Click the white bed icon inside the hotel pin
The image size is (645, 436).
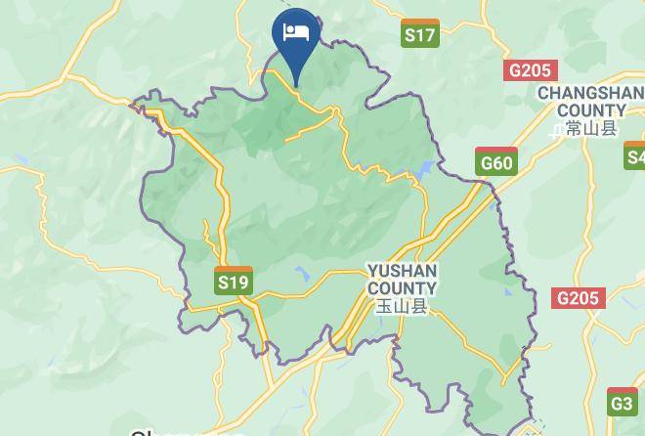(x=296, y=32)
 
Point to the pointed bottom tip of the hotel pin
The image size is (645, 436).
(x=296, y=85)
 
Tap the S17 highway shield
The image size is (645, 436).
(x=419, y=34)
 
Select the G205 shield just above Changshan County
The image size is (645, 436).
(x=531, y=70)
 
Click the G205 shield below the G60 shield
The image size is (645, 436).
(x=579, y=298)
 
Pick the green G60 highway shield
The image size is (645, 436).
(x=496, y=162)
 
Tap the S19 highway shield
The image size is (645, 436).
(x=234, y=283)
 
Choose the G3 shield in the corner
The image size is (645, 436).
(x=623, y=402)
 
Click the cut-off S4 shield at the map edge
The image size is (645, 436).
(x=636, y=156)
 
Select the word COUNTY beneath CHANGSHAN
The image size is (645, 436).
(x=592, y=110)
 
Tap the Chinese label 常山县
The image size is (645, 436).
(x=592, y=128)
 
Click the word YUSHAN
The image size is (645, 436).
(x=402, y=271)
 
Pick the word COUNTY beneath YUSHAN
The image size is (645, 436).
(x=402, y=288)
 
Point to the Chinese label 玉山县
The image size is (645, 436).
(x=402, y=306)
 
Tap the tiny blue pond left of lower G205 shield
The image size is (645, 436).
(x=507, y=290)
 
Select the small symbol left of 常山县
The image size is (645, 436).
(x=557, y=129)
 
